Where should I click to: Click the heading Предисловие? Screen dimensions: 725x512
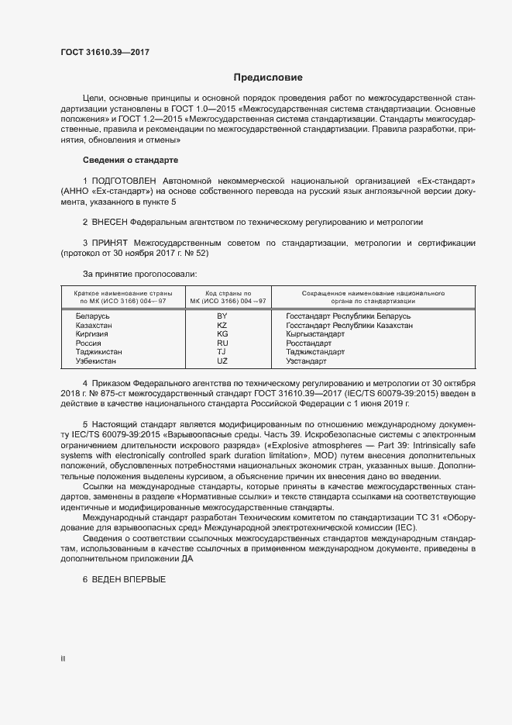(x=268, y=78)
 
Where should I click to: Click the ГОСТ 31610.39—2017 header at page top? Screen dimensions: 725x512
(x=105, y=52)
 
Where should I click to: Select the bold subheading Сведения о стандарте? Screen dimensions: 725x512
(x=130, y=160)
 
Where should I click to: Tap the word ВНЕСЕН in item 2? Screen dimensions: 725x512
(x=113, y=222)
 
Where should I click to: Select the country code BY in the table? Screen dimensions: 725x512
(x=222, y=316)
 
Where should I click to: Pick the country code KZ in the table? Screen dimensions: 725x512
(x=222, y=326)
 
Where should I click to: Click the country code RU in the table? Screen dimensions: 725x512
(x=222, y=343)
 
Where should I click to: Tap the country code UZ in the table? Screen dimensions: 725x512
(x=222, y=361)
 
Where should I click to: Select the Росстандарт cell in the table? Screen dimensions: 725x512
(x=308, y=343)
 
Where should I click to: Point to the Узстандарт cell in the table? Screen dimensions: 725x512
(x=306, y=361)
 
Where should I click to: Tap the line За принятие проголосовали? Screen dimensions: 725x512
(x=139, y=274)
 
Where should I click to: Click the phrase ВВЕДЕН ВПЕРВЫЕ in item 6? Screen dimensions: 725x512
(x=129, y=580)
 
